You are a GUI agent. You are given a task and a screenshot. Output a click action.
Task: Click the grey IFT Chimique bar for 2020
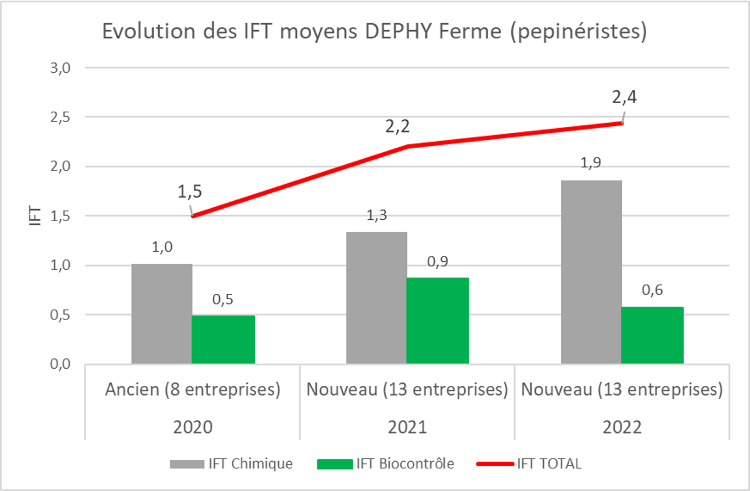pos(162,314)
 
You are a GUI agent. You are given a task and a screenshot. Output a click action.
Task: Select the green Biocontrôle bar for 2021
pos(438,321)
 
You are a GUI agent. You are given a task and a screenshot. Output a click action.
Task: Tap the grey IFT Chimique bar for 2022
pos(591,272)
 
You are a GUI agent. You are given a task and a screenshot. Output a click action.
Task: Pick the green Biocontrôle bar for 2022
pos(652,335)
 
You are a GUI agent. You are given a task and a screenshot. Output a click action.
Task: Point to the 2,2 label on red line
pos(397,127)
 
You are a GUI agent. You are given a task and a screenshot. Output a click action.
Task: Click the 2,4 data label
pos(624,97)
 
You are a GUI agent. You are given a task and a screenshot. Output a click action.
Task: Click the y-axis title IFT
pos(36,216)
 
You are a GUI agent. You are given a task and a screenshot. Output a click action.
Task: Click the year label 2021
pos(407,427)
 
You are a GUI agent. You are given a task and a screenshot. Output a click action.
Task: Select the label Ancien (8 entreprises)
pos(193,390)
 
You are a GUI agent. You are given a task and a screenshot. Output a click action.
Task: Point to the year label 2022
pos(622,427)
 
